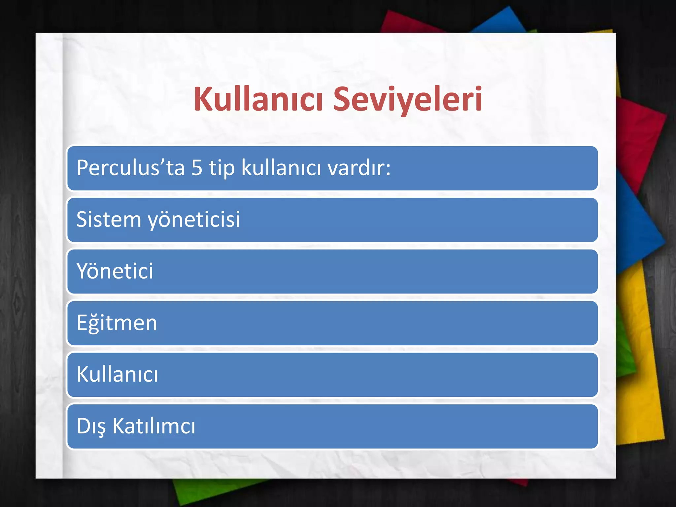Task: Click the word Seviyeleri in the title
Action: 408,99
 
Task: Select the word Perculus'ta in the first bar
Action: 130,168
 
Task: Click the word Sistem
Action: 109,220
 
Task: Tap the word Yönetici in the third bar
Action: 115,271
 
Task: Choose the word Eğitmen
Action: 117,323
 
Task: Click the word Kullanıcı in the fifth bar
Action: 117,375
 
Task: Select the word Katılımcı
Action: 154,426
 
